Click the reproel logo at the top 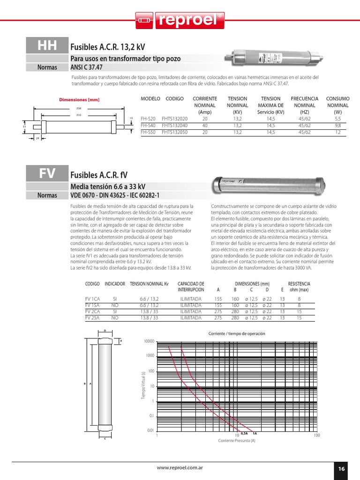(x=180, y=20)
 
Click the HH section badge (x=47, y=45)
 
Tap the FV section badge (x=47, y=173)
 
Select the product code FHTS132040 (x=174, y=126)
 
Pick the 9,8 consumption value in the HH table (x=337, y=126)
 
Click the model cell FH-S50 (x=148, y=133)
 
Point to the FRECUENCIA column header (x=304, y=99)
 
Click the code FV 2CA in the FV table (x=92, y=311)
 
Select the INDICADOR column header (x=115, y=284)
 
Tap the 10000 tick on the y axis (x=148, y=341)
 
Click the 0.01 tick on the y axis (x=150, y=430)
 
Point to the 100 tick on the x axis (x=316, y=435)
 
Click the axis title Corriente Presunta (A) (x=237, y=441)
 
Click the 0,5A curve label (x=244, y=434)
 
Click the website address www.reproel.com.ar (x=180, y=468)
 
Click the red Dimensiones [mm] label (x=79, y=99)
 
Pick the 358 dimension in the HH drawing (x=78, y=108)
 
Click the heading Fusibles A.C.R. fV (x=99, y=175)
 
